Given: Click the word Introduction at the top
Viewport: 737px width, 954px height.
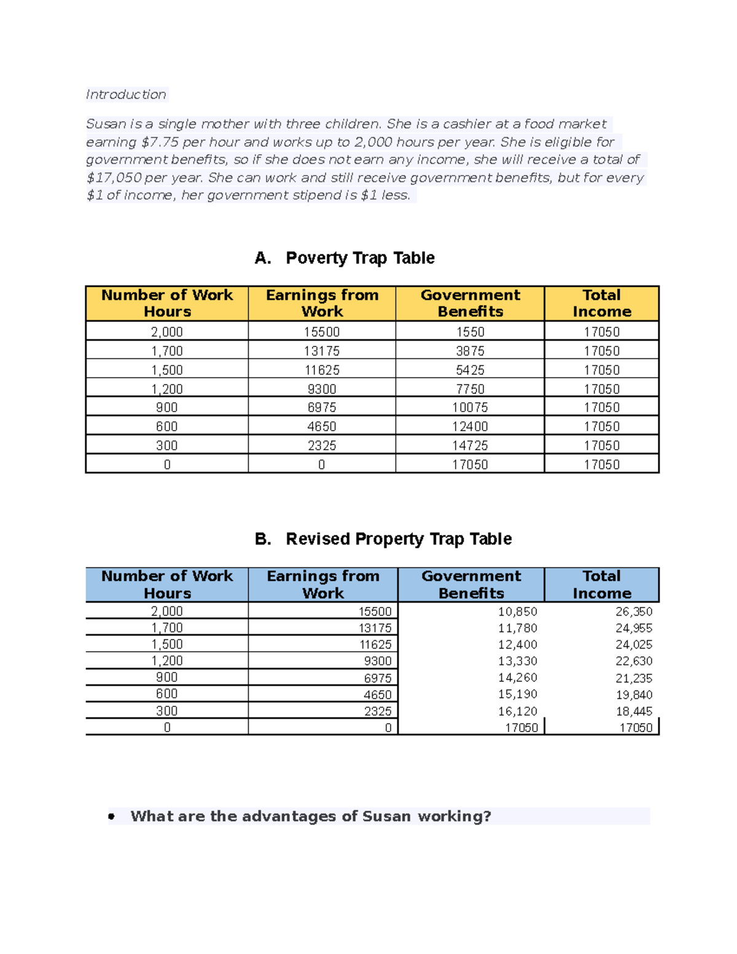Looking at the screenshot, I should tap(126, 95).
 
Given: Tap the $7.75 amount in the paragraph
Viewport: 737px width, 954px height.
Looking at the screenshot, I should tap(160, 142).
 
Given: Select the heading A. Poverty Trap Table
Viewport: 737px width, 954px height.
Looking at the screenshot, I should tap(345, 258).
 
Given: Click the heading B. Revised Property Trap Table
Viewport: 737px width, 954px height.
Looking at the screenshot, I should tap(383, 539).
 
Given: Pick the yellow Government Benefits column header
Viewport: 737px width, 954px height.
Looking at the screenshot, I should tap(470, 303).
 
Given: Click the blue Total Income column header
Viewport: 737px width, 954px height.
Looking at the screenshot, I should tap(601, 585).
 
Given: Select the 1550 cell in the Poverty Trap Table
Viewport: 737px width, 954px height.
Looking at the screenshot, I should tap(470, 332).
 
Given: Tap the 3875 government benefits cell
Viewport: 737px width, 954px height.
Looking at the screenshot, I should tap(470, 351).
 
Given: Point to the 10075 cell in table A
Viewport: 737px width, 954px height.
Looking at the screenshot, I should tap(470, 408).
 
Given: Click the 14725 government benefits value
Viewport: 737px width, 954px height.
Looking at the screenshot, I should tap(470, 446).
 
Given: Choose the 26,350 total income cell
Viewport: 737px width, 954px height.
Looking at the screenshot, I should tap(633, 612).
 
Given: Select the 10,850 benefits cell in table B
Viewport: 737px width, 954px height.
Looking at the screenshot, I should tap(517, 612).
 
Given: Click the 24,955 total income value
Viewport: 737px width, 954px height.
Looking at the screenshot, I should tap(633, 628).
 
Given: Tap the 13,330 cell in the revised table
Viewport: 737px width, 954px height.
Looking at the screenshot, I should tap(517, 662).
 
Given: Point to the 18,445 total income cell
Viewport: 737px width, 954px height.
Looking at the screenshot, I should tap(633, 711).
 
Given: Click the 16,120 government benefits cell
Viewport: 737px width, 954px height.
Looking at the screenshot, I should tap(517, 711).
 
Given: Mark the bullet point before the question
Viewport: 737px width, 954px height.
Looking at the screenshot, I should tap(111, 816).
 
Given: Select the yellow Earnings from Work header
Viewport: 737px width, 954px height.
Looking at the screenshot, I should tap(322, 303).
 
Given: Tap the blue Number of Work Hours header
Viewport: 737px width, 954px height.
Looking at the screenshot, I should tap(167, 585).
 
